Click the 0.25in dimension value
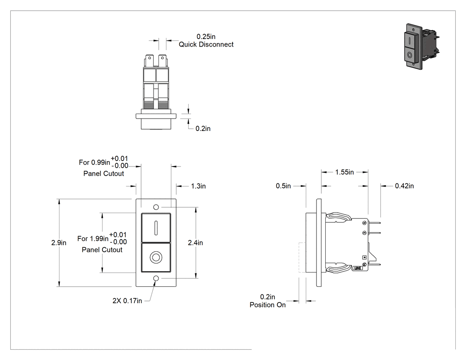pos(206,36)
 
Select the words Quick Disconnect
pos(206,44)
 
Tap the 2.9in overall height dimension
pos(59,242)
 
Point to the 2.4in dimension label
pos(195,242)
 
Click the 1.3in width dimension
pos(198,186)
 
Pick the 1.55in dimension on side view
pos(344,172)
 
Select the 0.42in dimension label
pos(404,186)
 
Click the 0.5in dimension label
pos(283,186)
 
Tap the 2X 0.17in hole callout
pos(127,301)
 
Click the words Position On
pos(268,305)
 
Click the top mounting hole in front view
pos(156,207)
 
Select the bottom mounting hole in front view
pos(156,278)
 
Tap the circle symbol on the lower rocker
pos(156,257)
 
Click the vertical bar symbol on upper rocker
pos(156,227)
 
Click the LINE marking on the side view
pos(358,268)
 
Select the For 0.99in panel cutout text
pos(103,166)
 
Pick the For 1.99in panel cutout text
pos(102,242)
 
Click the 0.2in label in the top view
pos(203,128)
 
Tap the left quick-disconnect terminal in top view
pos(149,61)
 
